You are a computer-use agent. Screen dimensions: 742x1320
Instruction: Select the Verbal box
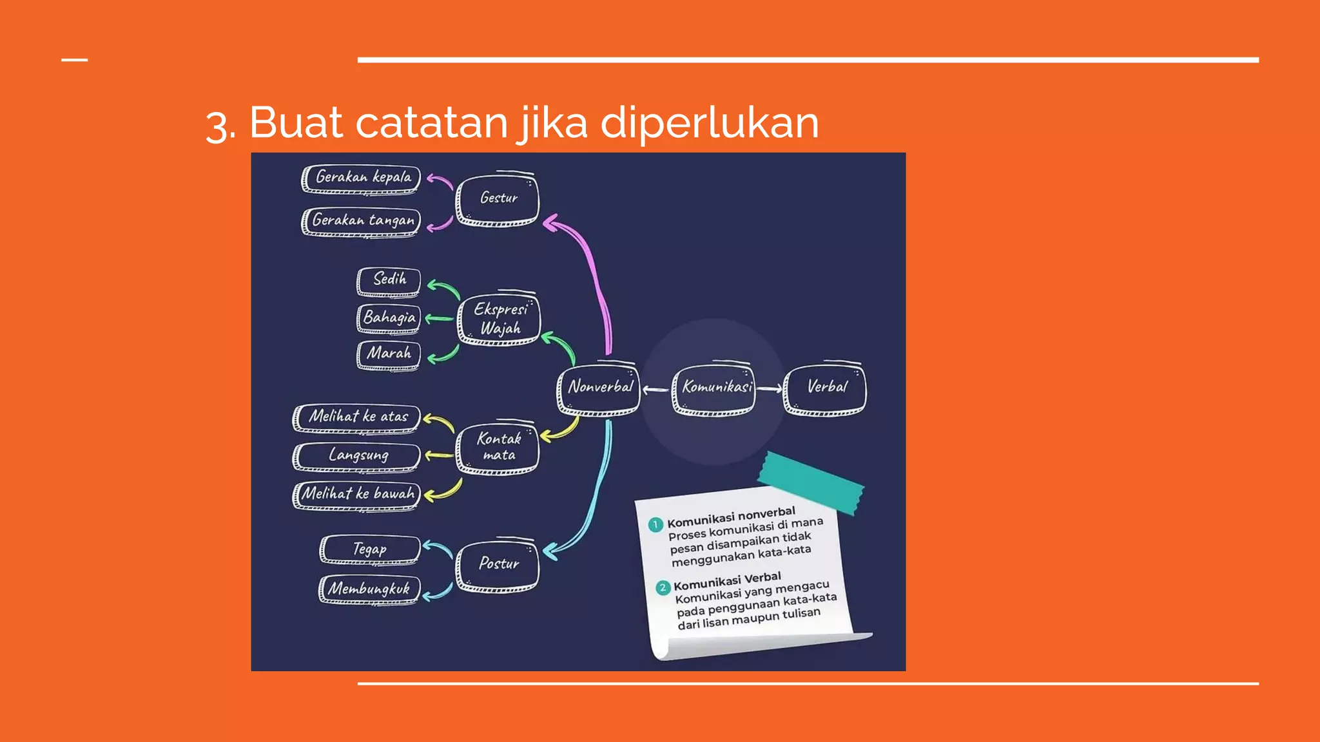[x=825, y=388]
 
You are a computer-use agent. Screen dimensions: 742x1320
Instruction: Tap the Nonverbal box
[x=599, y=388]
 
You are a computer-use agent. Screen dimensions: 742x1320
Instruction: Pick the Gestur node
[x=498, y=200]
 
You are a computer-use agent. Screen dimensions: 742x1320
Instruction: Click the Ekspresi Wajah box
[x=499, y=319]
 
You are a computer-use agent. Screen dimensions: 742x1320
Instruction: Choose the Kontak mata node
[x=498, y=448]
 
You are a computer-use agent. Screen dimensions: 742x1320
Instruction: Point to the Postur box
[x=498, y=564]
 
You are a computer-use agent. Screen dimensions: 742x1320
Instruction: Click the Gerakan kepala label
[x=362, y=178]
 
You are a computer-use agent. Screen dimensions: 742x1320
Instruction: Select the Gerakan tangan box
[x=362, y=222]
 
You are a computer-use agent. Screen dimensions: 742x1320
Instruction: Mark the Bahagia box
[x=389, y=318]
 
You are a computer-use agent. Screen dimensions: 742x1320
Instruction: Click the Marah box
[x=389, y=354]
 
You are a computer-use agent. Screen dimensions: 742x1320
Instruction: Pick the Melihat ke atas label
[x=357, y=417]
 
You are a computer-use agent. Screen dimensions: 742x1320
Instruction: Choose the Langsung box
[x=357, y=456]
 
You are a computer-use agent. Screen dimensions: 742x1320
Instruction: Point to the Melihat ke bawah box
[x=357, y=495]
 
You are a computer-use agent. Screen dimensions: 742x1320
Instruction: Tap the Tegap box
[x=370, y=549]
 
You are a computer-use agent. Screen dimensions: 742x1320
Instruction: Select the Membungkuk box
[x=369, y=589]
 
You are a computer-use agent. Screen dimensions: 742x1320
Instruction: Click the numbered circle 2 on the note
[x=663, y=587]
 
